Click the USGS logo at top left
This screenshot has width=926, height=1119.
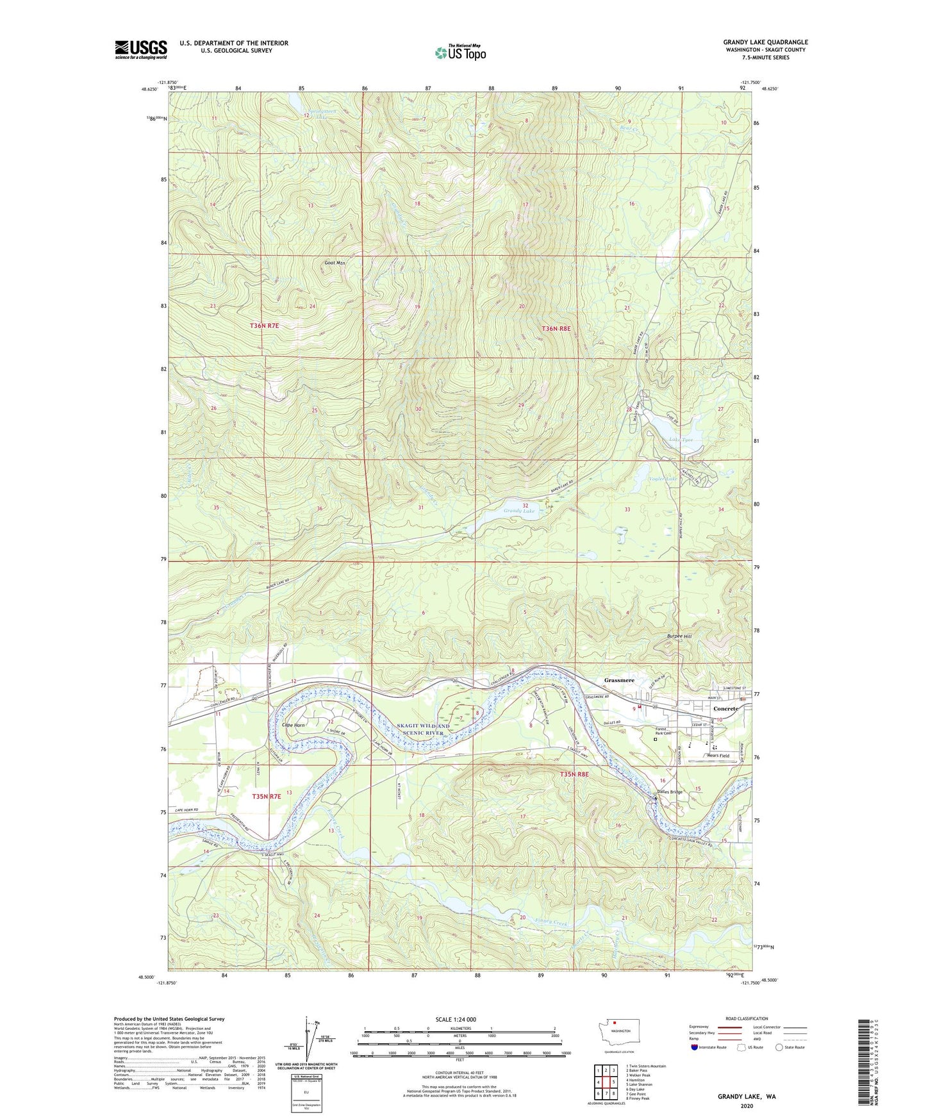click(141, 49)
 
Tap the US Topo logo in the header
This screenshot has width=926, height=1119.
click(460, 53)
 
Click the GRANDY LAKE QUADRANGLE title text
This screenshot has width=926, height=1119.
click(766, 42)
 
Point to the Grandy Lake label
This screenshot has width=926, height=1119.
click(518, 511)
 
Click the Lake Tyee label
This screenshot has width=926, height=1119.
click(681, 440)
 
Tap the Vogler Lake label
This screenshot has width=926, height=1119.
click(662, 479)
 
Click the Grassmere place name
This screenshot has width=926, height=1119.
click(619, 680)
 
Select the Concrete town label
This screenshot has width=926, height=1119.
click(726, 709)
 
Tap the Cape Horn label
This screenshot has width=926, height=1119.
click(294, 725)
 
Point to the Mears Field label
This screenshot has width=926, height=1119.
click(718, 756)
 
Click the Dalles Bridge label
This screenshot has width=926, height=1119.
click(670, 792)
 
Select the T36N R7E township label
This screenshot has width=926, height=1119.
click(265, 326)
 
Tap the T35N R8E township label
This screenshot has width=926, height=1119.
click(574, 774)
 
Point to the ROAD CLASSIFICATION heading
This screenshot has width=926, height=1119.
click(747, 1018)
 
